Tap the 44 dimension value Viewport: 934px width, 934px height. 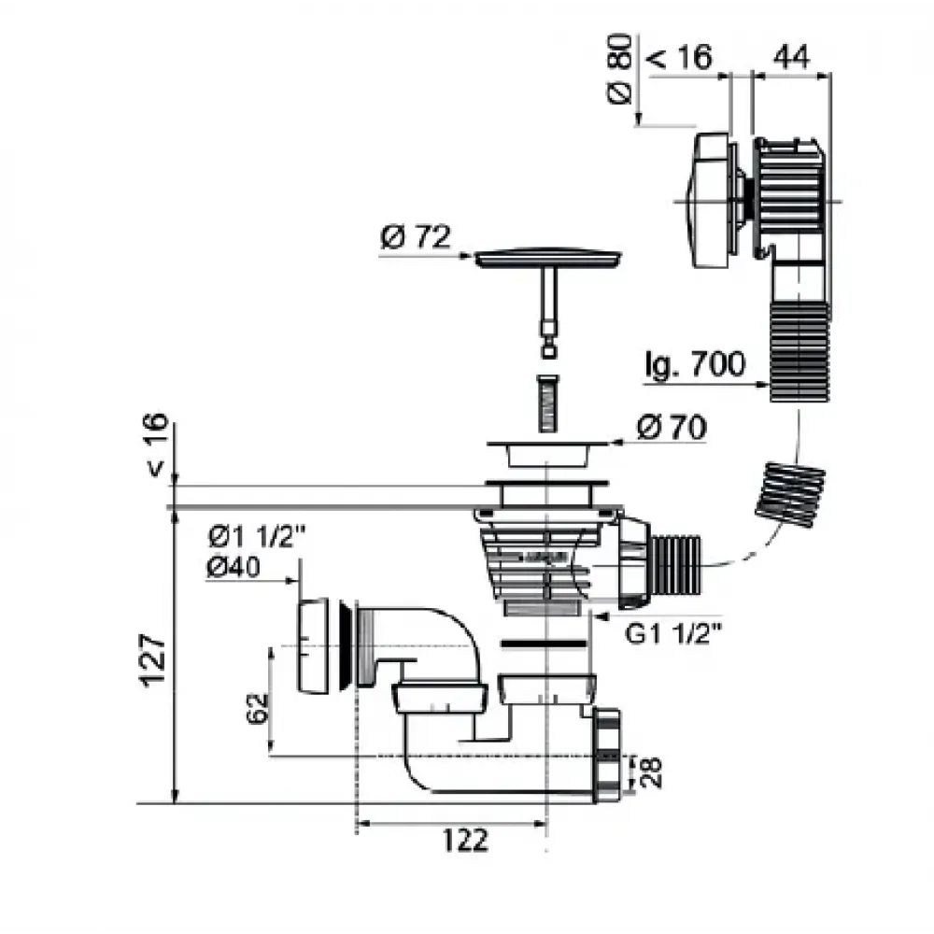[789, 57]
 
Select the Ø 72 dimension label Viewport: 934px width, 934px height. [416, 239]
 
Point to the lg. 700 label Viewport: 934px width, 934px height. [695, 363]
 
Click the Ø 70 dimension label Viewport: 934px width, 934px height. [671, 429]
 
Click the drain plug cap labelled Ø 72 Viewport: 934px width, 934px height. [547, 257]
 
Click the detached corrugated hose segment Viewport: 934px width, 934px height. [790, 493]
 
